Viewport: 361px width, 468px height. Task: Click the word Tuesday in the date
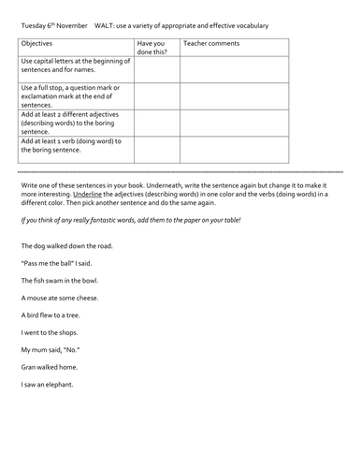coord(35,25)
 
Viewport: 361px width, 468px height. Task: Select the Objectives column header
coord(38,44)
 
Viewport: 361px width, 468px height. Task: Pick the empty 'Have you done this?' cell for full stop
coord(156,96)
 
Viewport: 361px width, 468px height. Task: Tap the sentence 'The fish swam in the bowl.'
coord(57,281)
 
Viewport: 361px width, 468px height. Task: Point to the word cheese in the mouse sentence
coord(85,298)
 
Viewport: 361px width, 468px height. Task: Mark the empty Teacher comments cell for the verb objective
coord(234,149)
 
